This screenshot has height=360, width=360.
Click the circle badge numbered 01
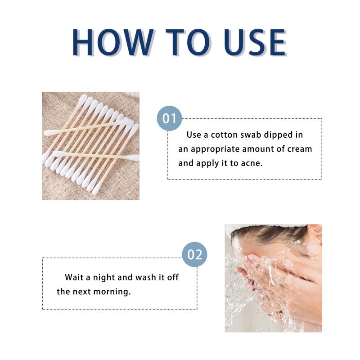click(169, 119)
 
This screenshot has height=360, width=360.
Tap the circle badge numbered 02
click(194, 255)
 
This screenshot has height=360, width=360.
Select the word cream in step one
click(299, 149)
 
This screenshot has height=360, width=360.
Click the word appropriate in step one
click(214, 149)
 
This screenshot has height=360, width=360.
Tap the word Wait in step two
click(74, 277)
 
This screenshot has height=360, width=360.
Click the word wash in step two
click(140, 277)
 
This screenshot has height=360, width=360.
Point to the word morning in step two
click(112, 292)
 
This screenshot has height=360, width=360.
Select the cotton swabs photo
click(90, 146)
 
